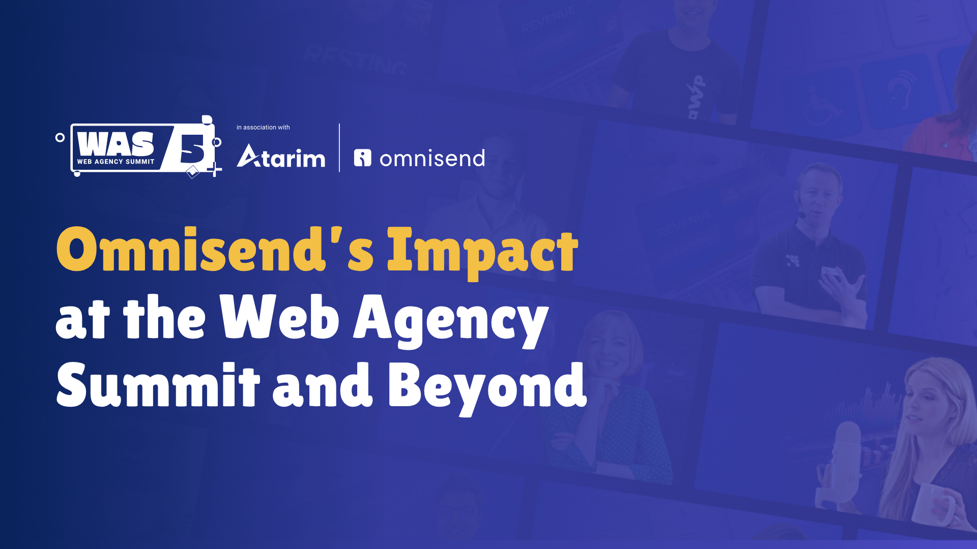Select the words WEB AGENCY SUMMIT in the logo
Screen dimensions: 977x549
pyautogui.click(x=116, y=162)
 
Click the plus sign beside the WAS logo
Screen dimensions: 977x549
pyautogui.click(x=215, y=169)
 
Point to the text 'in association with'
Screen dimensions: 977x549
pyautogui.click(x=263, y=128)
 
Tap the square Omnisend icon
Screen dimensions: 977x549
pyautogui.click(x=363, y=158)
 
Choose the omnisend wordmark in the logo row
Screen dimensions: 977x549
pyautogui.click(x=432, y=159)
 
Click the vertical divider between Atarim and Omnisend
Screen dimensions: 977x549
pyautogui.click(x=339, y=147)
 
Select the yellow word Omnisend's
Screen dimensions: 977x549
pyautogui.click(x=215, y=250)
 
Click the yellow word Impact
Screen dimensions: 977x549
pyautogui.click(x=482, y=253)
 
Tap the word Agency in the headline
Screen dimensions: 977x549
pyautogui.click(x=451, y=320)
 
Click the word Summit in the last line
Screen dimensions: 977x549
pyautogui.click(x=158, y=384)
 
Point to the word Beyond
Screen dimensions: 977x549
pyautogui.click(x=487, y=388)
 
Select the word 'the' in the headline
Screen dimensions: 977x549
pyautogui.click(x=164, y=317)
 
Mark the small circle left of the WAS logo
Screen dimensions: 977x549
pyautogui.click(x=60, y=137)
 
